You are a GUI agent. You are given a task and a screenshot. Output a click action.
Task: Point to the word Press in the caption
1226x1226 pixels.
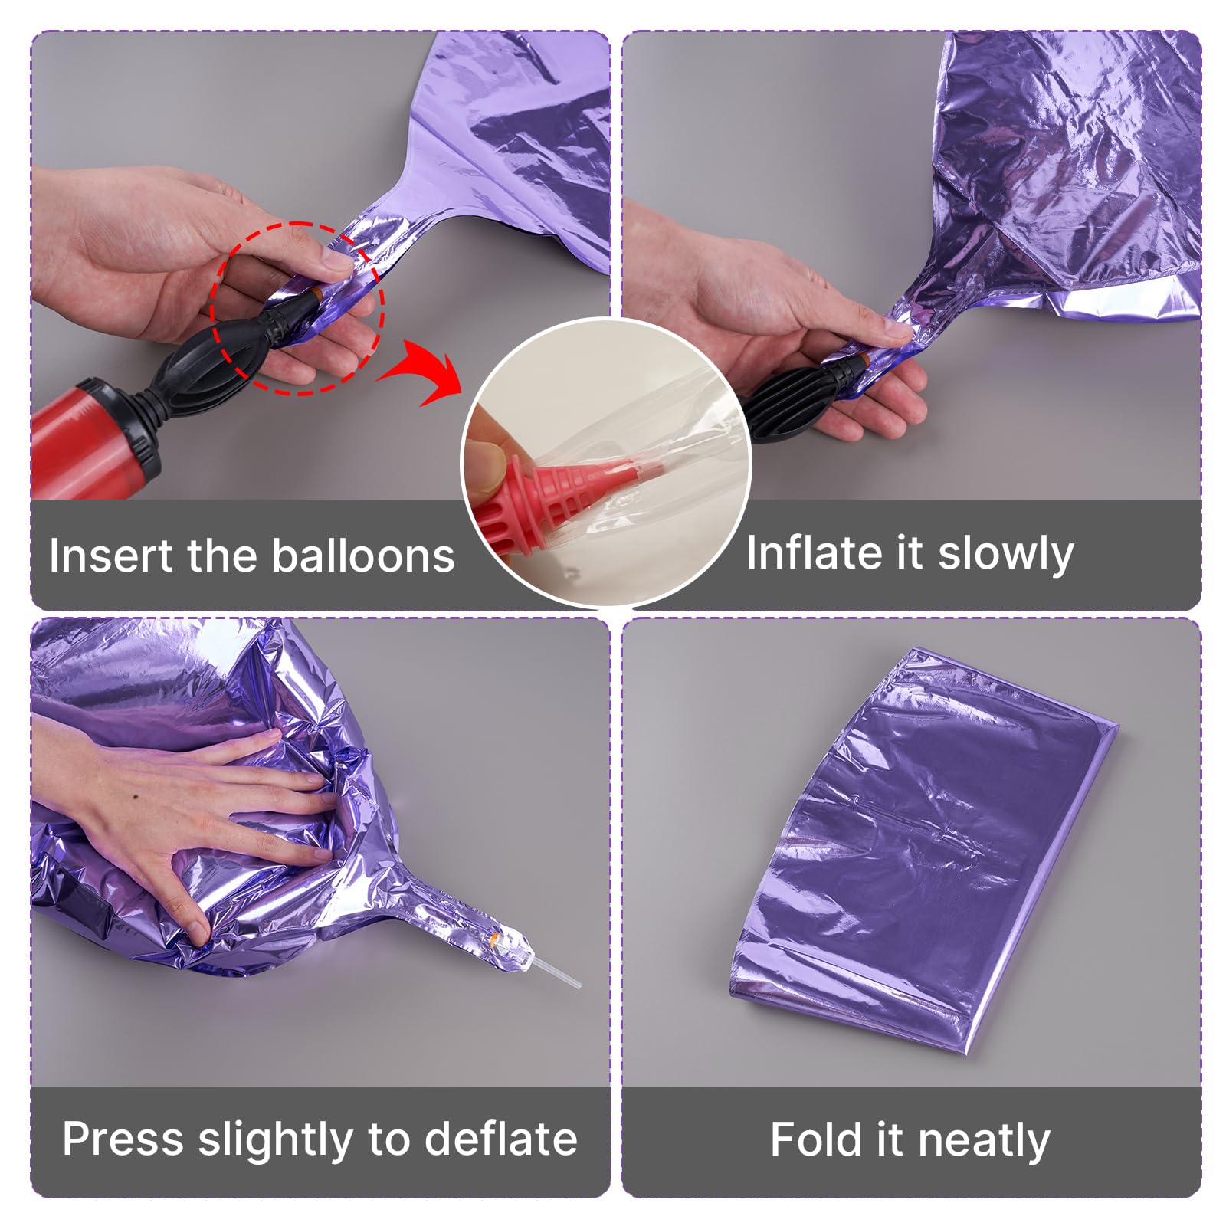coord(123,1139)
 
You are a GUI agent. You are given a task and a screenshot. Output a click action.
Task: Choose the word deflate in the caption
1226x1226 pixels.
coord(500,1139)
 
